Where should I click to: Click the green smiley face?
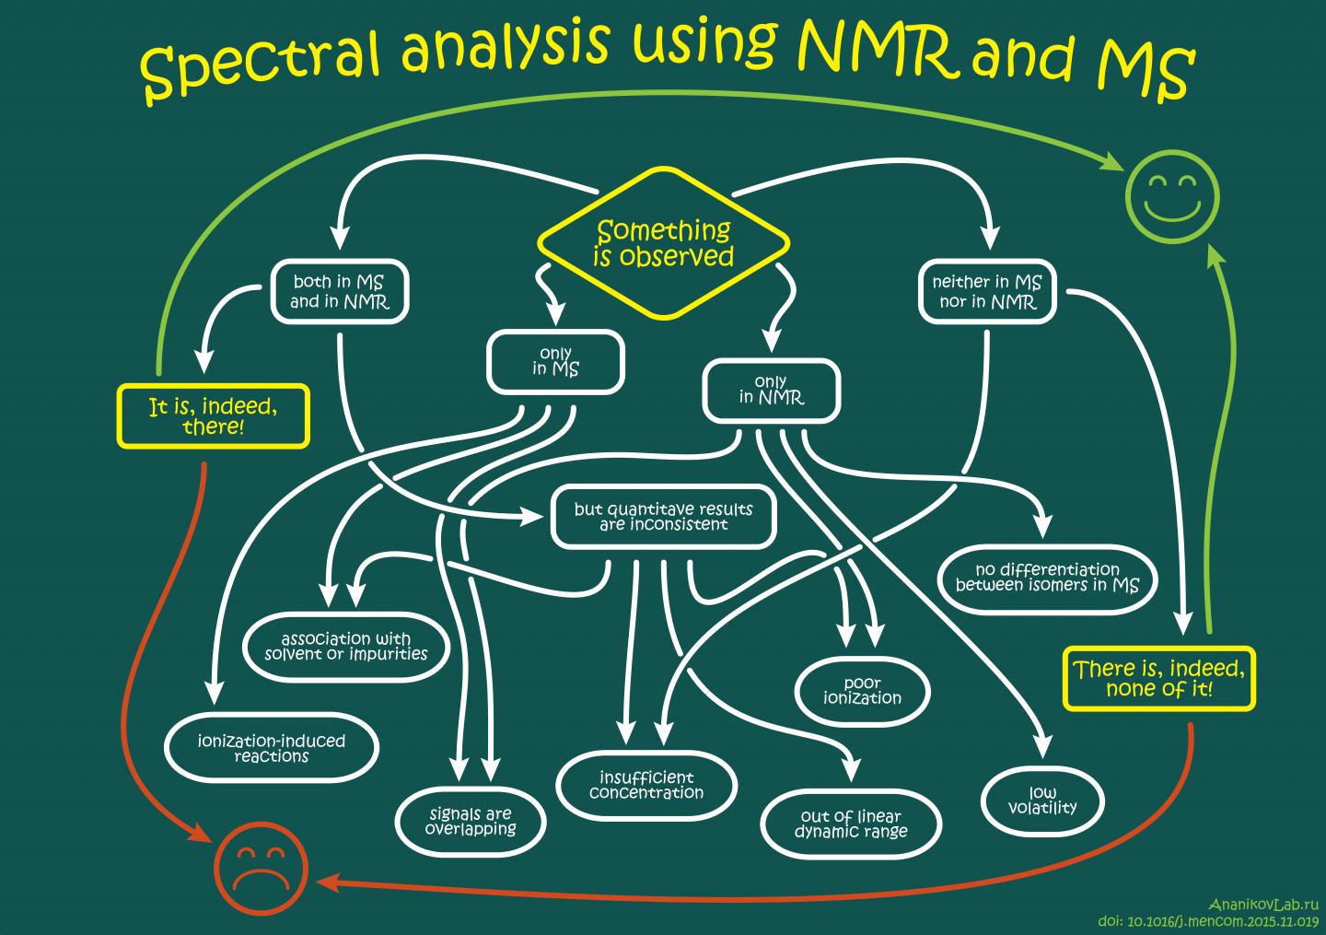click(1171, 197)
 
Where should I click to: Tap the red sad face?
click(262, 867)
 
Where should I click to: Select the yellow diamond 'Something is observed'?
click(663, 243)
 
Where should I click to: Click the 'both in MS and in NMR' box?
click(339, 291)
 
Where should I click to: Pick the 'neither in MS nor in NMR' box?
click(987, 291)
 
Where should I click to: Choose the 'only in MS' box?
click(555, 361)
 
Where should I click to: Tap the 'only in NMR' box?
click(771, 391)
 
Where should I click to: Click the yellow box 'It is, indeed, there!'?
click(213, 416)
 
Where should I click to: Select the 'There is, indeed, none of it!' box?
click(1158, 679)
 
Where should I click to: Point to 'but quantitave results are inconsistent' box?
click(663, 517)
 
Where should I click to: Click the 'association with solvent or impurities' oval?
click(346, 646)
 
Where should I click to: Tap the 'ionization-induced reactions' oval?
click(272, 748)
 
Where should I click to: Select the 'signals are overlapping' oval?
click(471, 821)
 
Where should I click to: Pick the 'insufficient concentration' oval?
click(646, 785)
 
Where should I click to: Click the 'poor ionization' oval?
click(862, 691)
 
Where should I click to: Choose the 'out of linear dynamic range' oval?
click(851, 824)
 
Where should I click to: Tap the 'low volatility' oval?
click(1042, 800)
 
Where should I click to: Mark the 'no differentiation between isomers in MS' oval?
click(1047, 578)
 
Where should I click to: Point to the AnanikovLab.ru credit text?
click(1263, 906)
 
